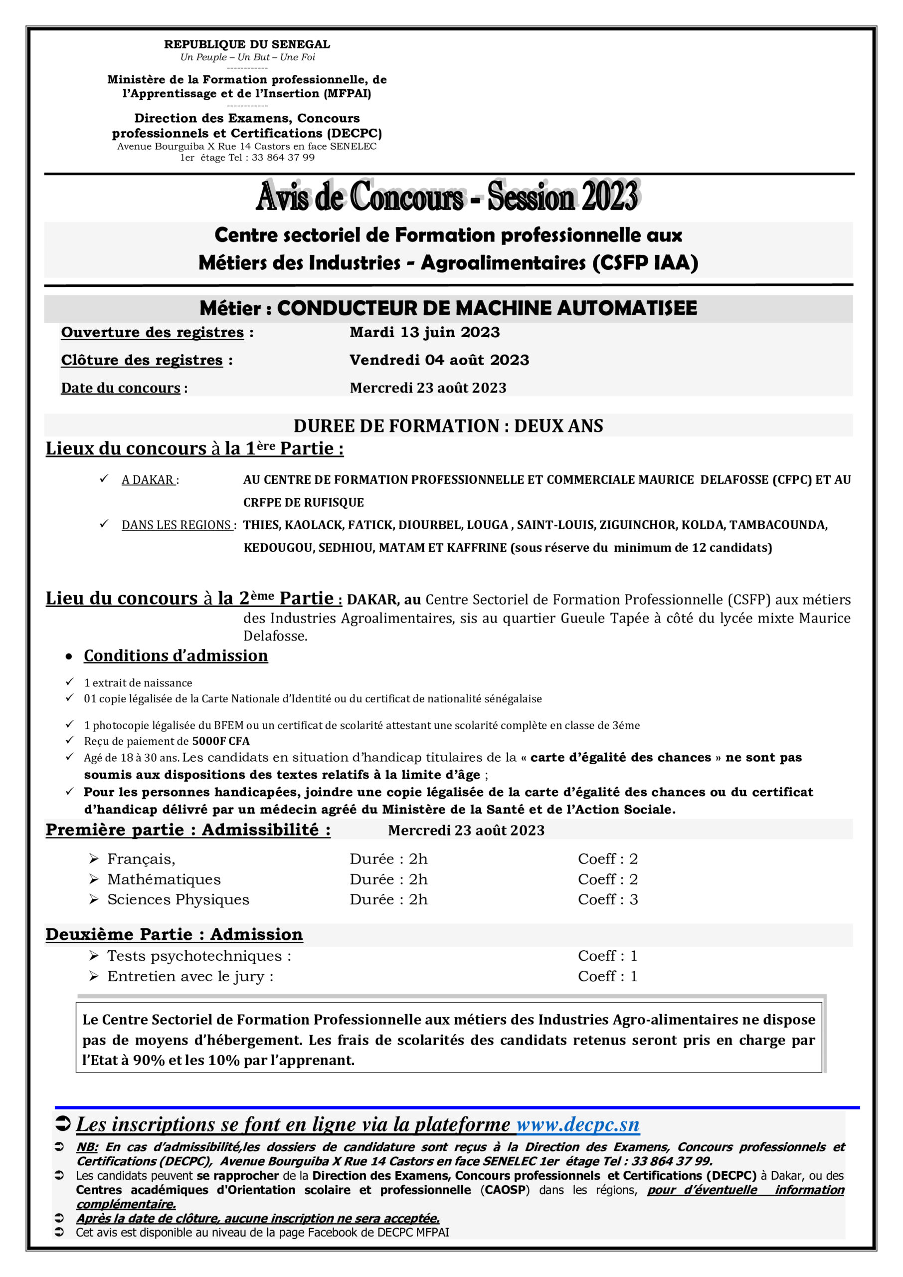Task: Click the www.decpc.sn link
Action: pos(578,1124)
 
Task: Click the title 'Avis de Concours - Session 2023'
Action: pos(448,196)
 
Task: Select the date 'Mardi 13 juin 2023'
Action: pos(425,332)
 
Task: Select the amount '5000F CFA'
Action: pos(221,741)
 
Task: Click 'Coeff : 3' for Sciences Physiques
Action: pos(608,899)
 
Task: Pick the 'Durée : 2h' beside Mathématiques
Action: pos(388,879)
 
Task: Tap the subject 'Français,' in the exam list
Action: pos(141,859)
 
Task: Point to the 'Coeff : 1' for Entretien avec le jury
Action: pos(607,976)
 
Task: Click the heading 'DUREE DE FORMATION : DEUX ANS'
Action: pos(448,426)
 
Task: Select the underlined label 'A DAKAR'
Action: pos(148,479)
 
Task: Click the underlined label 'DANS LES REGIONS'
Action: pos(177,525)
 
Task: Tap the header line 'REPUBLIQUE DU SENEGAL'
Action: pos(247,44)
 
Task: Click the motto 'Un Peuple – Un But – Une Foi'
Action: pos(247,57)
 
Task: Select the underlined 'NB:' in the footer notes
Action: pos(87,1147)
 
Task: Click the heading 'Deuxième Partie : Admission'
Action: pos(174,934)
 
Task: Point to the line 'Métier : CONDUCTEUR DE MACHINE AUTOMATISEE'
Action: pos(448,308)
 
